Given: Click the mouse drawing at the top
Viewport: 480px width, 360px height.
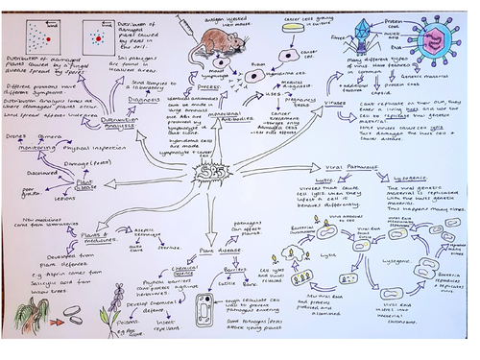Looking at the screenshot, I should pos(216,44).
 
